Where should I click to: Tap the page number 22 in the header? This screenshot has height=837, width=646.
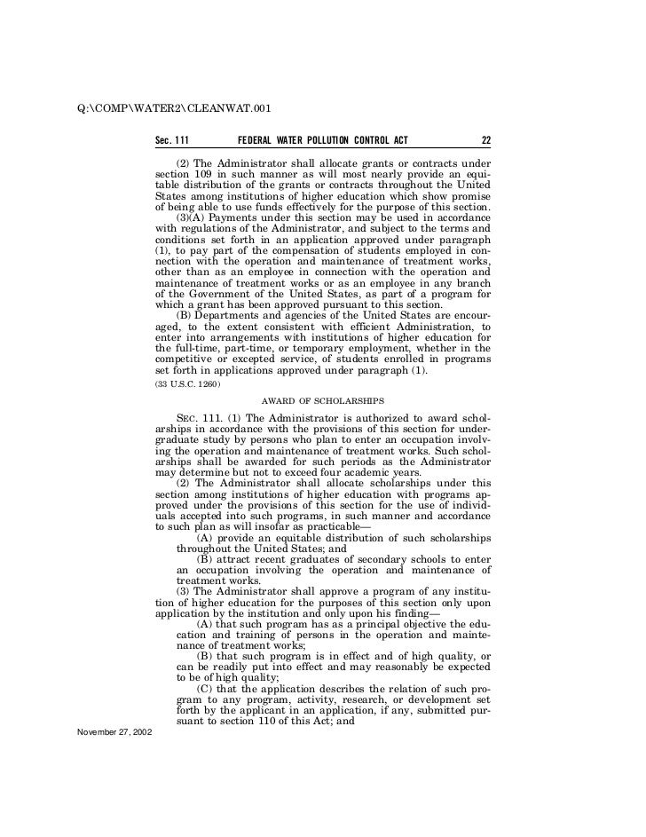pyautogui.click(x=485, y=140)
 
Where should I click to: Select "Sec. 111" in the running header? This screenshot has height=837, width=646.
pyautogui.click(x=172, y=140)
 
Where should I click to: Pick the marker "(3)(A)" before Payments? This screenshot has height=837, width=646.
pyautogui.click(x=191, y=217)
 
